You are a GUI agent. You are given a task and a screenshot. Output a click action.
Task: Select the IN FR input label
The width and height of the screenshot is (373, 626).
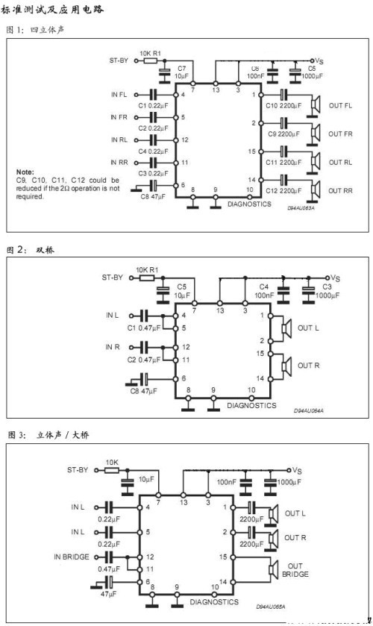(x=119, y=118)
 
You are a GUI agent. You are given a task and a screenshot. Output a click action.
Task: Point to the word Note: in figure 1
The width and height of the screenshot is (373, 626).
(x=25, y=172)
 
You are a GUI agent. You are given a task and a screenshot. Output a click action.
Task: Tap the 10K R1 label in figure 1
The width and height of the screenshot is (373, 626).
(x=151, y=53)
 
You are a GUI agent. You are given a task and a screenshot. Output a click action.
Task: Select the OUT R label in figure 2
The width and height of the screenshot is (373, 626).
(x=309, y=366)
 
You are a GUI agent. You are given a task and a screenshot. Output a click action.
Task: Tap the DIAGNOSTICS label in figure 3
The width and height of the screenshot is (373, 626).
(x=214, y=601)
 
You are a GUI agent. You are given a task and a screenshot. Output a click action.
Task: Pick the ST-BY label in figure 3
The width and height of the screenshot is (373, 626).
(x=78, y=470)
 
